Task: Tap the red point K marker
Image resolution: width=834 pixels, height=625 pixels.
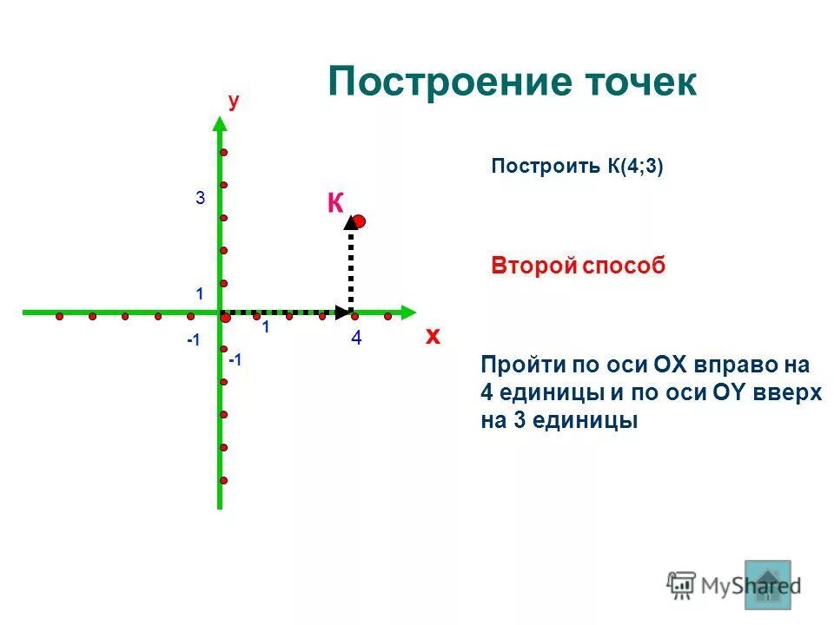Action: tap(359, 221)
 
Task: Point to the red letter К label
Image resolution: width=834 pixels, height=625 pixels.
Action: tap(335, 204)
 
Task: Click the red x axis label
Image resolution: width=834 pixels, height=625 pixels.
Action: tap(433, 337)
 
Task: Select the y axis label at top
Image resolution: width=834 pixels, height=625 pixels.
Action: tap(234, 102)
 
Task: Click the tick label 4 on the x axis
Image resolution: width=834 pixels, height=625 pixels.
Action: tap(356, 340)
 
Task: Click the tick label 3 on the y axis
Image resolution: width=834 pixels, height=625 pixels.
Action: tap(200, 199)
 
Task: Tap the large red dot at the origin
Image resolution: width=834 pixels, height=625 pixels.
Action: tap(225, 319)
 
